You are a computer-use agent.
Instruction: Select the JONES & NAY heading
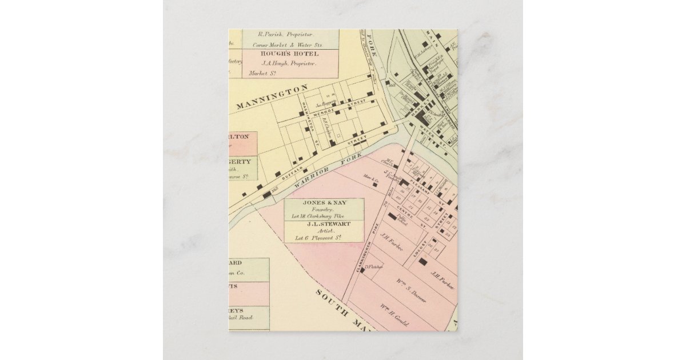[x=324, y=203]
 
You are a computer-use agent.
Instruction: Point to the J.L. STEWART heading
[x=324, y=223]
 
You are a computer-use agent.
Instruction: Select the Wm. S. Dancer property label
[x=410, y=291]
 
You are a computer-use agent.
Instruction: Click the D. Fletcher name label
[x=373, y=266]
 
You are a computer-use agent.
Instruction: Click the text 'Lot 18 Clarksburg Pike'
[x=324, y=216]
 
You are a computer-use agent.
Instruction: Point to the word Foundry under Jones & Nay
[x=324, y=210]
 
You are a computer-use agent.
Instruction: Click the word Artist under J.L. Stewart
[x=324, y=230]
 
